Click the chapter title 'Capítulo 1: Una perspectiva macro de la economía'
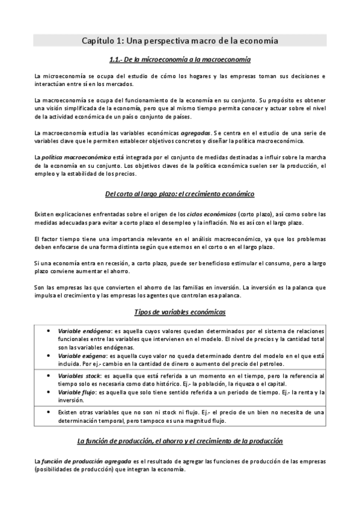click(180, 41)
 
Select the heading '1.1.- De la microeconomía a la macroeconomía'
click(180, 60)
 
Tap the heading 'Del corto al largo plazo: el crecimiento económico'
click(180, 194)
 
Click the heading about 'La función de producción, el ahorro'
click(180, 441)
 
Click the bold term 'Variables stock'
click(79, 376)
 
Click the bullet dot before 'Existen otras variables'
click(47, 413)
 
